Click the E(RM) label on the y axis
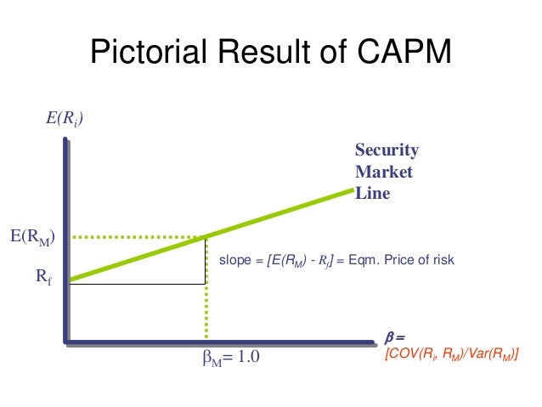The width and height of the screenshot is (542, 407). coord(33,237)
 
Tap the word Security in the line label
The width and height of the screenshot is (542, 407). coord(387,150)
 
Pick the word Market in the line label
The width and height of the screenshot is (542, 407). coord(383,172)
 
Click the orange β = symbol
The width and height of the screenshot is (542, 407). coord(394,336)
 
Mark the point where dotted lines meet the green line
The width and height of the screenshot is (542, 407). coord(206,237)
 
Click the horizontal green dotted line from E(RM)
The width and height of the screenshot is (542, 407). coord(136,237)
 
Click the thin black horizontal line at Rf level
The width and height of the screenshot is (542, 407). coord(136,284)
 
